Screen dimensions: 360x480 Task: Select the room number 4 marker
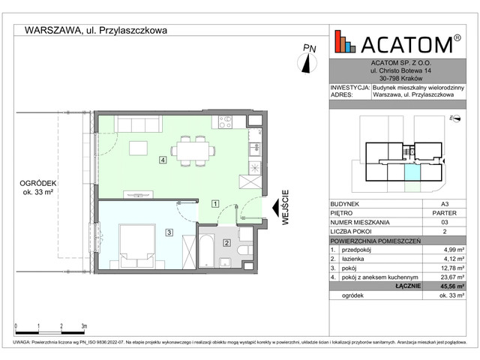(162, 160)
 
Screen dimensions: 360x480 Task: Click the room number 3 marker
(169, 233)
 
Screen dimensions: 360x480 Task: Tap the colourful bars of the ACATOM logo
(344, 41)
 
